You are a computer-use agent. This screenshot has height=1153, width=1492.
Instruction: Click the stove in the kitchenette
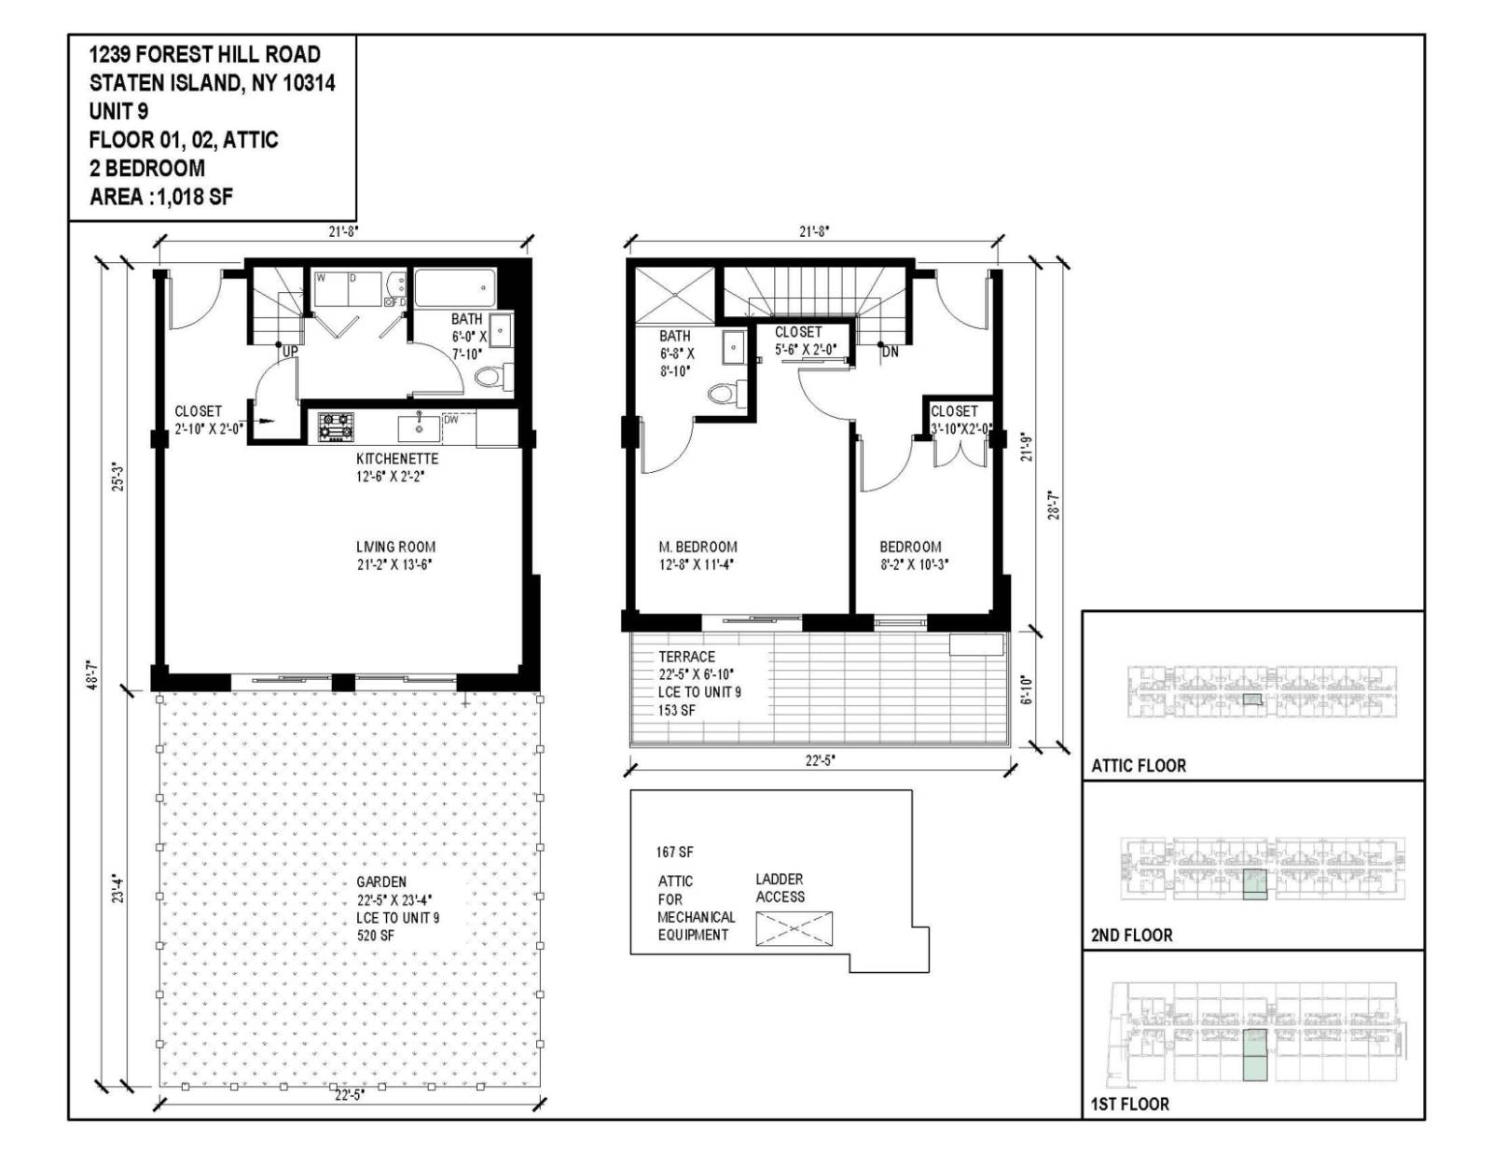(336, 426)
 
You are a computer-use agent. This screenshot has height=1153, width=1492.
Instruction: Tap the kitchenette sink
(419, 427)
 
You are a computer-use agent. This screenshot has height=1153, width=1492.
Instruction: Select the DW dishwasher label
(451, 420)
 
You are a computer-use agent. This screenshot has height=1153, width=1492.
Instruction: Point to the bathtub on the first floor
(454, 288)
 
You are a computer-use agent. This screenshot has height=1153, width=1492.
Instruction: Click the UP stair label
(290, 352)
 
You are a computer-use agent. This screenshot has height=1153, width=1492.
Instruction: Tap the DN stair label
(890, 352)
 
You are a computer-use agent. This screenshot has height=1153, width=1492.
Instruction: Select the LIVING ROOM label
(395, 548)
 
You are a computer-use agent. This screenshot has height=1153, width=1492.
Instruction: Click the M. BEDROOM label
(698, 548)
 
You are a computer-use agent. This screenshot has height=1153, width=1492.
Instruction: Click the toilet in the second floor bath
(723, 394)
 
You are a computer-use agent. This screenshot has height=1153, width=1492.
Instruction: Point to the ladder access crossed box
(794, 929)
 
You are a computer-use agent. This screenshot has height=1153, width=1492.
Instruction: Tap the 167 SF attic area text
(674, 852)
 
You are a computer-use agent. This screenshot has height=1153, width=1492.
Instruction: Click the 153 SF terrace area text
(677, 710)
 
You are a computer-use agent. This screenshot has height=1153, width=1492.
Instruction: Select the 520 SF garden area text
(375, 935)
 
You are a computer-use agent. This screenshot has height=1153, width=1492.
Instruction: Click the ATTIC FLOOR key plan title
(1139, 766)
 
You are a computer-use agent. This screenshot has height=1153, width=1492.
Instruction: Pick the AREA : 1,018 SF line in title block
(160, 197)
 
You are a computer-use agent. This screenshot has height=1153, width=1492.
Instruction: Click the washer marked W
(321, 278)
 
